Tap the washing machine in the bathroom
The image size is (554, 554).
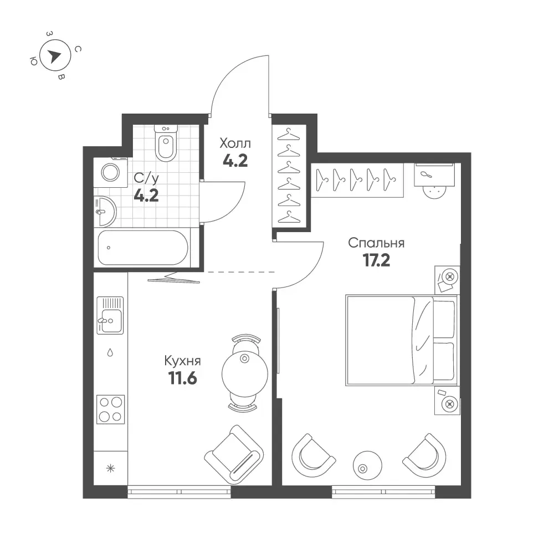pos(111,172)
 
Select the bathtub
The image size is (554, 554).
pos(143,248)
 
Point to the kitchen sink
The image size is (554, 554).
pos(110,316)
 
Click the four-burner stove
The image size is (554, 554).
pos(111,409)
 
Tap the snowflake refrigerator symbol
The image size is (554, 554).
pos(111,469)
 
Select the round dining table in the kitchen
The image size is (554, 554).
pos(245,374)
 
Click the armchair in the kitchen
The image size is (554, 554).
pos(234,455)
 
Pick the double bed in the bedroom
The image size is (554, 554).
pos(402,340)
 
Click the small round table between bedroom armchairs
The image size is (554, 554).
pos(367,465)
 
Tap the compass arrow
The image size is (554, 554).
pos(54,56)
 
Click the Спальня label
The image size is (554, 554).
pos(376,243)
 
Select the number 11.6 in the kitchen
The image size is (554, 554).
pos(183,378)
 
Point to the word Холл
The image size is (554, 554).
pos(235,143)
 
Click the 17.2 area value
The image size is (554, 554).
pos(376,261)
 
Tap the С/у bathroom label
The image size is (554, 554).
pos(146,178)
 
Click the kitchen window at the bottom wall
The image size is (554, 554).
pos(179,492)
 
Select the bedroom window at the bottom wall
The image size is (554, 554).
pos(383,492)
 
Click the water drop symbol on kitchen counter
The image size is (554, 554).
pos(110,352)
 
